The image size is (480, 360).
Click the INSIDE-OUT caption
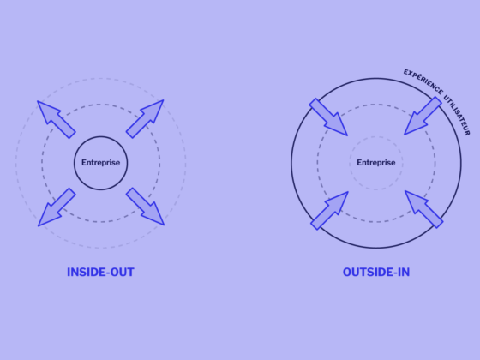click(x=101, y=273)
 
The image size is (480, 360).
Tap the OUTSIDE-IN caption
click(x=376, y=273)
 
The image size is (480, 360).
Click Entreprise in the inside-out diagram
click(x=101, y=163)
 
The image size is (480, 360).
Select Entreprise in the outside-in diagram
click(x=376, y=163)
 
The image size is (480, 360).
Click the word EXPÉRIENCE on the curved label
click(x=423, y=81)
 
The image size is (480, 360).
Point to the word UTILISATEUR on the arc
click(x=458, y=115)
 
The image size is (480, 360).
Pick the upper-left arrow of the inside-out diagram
click(x=57, y=119)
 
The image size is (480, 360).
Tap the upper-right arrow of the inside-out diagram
click(x=145, y=119)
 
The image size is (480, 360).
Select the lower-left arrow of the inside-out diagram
click(x=57, y=207)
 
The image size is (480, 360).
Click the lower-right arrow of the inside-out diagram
click(x=145, y=207)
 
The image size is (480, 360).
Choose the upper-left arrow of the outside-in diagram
click(x=328, y=117)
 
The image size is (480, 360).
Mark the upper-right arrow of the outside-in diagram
click(x=423, y=116)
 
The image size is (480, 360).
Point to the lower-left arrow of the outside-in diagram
click(x=329, y=211)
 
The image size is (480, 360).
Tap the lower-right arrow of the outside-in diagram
click(x=424, y=209)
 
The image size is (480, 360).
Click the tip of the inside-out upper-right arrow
click(x=164, y=100)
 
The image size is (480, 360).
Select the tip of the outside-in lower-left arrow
click(x=348, y=192)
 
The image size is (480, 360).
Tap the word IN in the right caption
click(x=404, y=273)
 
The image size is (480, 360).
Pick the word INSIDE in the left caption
click(x=87, y=273)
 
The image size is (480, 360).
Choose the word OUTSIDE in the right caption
click(x=368, y=273)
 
